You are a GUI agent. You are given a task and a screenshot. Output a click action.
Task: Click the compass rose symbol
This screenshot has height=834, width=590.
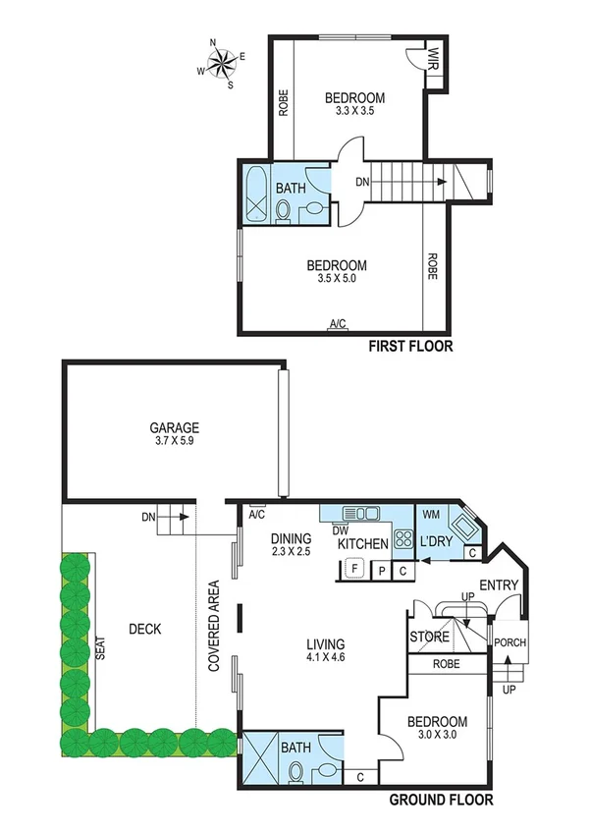coord(222,63)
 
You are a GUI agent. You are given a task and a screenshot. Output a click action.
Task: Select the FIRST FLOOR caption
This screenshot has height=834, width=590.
coord(409,346)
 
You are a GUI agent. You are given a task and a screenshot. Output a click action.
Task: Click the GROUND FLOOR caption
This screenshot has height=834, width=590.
coord(442,800)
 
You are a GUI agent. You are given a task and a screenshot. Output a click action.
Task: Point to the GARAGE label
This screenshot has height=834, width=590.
coord(175,427)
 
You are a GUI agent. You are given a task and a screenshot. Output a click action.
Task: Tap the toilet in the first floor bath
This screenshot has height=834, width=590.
coord(285,209)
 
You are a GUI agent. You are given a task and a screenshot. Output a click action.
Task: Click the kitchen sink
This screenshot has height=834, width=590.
coord(363,512)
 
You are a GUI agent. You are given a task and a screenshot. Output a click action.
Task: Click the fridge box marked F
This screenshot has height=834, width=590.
coord(353,568)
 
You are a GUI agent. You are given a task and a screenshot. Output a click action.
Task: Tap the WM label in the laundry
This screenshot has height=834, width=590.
coord(430,514)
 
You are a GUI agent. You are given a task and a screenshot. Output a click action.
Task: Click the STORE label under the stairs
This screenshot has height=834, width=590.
coord(430,637)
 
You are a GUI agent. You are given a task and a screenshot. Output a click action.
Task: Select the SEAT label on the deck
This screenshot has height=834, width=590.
coord(101,650)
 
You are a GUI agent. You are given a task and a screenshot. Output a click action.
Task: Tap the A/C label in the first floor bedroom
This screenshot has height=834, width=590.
coord(339,323)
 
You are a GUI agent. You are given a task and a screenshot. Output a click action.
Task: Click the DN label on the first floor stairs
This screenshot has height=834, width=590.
coord(362,182)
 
